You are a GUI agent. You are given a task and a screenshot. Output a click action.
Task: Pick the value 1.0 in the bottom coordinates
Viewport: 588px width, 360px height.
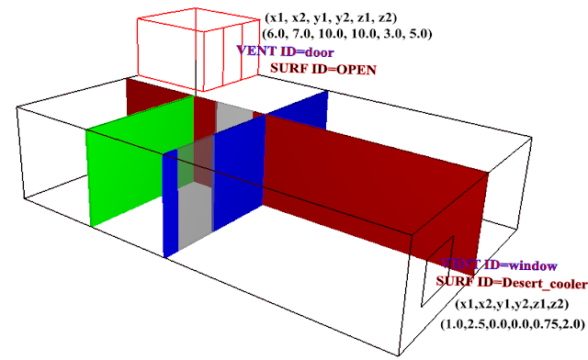point(454,322)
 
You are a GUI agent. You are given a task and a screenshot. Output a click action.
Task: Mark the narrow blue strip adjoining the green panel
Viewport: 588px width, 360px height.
point(169,202)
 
